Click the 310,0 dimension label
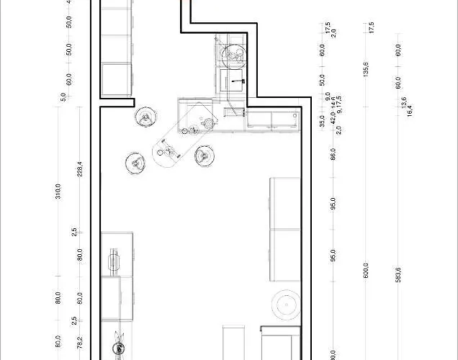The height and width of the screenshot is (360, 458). (x=58, y=192)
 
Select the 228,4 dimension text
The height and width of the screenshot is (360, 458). (x=80, y=168)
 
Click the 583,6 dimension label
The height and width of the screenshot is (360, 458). (x=398, y=275)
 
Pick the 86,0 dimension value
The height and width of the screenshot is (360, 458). (x=333, y=154)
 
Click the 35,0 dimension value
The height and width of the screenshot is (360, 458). (x=322, y=121)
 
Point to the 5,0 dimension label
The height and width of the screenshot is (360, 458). (x=63, y=96)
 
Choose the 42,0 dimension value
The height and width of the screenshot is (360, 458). (x=333, y=121)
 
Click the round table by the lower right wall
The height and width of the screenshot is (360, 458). (x=287, y=306)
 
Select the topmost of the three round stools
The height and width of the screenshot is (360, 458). (x=145, y=117)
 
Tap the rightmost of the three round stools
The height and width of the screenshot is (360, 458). (x=204, y=154)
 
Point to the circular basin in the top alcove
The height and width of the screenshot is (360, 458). (x=233, y=55)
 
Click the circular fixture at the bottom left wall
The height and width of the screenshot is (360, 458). (x=117, y=349)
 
